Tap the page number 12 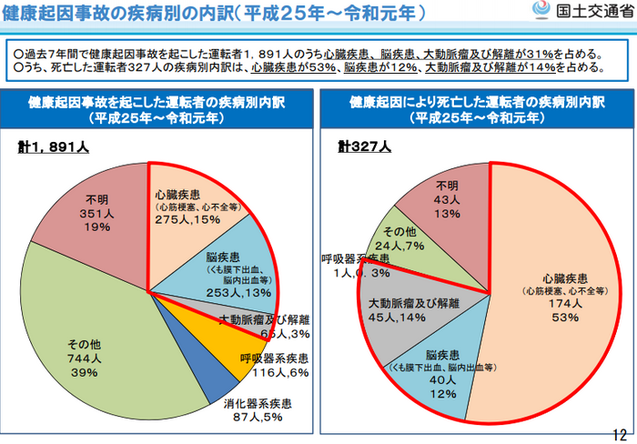(622, 434)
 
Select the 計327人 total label (364, 146)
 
